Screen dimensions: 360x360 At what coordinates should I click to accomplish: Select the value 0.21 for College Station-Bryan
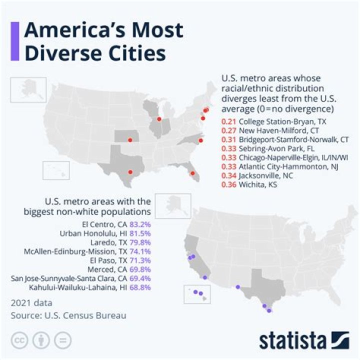tap(228, 121)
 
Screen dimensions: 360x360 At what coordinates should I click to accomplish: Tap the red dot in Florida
tap(192, 173)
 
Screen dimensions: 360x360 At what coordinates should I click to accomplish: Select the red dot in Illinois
tap(159, 119)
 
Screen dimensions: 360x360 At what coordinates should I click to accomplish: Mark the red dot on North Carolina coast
tap(200, 141)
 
